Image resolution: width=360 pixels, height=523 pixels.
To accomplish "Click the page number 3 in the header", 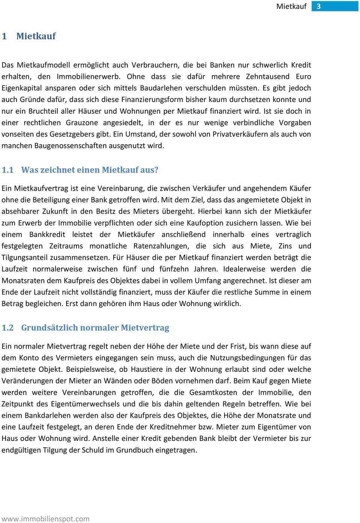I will pos(319,6).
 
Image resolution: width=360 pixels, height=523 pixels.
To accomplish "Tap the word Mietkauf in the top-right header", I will pos(291,6).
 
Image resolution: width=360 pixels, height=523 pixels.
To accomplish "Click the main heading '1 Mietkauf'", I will pos(29,36).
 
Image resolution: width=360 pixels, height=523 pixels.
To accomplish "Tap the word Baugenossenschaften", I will pos(70,146).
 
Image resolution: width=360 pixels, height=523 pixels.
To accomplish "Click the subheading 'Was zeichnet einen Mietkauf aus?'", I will pos(90,170).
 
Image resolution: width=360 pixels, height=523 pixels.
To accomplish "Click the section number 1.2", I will pos(7,328).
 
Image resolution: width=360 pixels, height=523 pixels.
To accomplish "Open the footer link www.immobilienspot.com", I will pos(45,519).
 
